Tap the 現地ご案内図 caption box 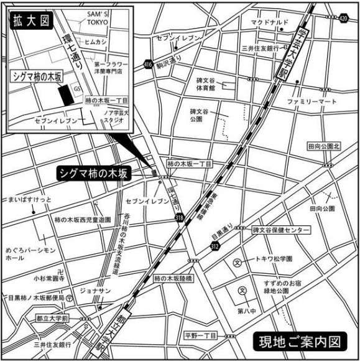[300, 341]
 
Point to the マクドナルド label [270, 22]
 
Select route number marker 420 [344, 18]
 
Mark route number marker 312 [215, 246]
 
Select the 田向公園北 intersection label [324, 147]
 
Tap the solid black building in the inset [64, 97]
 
